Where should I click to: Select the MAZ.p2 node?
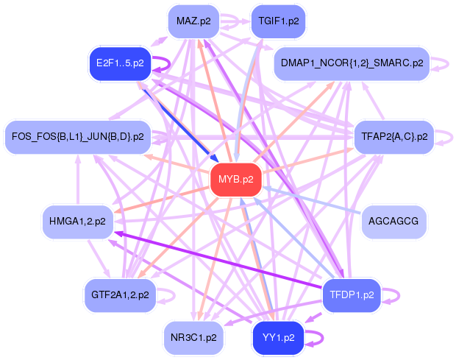click(x=193, y=21)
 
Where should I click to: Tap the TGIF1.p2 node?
click(x=278, y=21)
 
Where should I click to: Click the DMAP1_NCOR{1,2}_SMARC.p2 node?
click(x=351, y=64)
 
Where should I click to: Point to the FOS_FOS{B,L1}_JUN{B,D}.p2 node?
click(x=78, y=136)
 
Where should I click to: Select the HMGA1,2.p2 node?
click(x=76, y=220)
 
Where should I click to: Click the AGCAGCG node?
click(x=393, y=221)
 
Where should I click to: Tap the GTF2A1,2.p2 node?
click(x=120, y=294)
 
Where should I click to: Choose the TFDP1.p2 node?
click(x=351, y=294)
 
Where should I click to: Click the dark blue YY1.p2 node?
click(x=277, y=338)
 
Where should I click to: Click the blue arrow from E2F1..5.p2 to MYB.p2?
click(x=180, y=122)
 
